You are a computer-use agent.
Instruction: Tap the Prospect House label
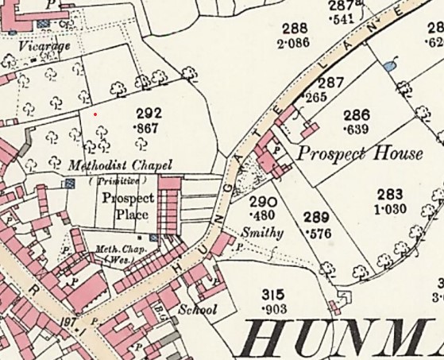[x=359, y=153]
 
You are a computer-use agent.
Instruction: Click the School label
[x=198, y=309]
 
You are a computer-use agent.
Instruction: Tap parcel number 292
[x=149, y=114]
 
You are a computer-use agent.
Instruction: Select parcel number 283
[x=390, y=194]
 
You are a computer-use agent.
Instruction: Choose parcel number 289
[x=316, y=215]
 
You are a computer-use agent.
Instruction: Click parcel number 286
[x=357, y=115]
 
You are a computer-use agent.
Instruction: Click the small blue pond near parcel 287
[x=388, y=65]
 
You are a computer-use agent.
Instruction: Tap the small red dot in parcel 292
[x=95, y=114]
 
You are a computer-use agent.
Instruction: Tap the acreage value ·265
[x=315, y=97]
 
